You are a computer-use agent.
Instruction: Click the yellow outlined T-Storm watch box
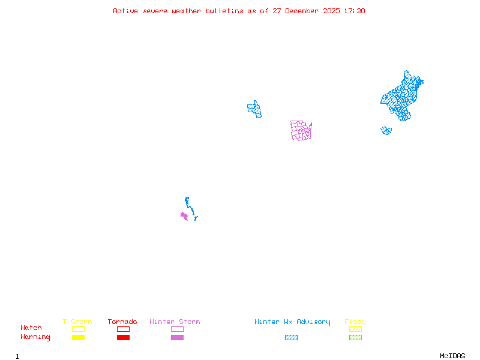click(x=78, y=329)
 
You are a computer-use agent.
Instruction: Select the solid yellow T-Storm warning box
click(x=78, y=337)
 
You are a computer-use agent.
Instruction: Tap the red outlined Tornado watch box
click(x=123, y=329)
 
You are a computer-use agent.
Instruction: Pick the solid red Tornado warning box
click(x=123, y=337)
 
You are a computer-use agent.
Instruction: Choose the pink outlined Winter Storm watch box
click(x=177, y=329)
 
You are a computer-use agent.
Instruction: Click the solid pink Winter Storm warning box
click(x=177, y=337)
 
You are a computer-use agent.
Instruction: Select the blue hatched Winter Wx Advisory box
click(x=291, y=337)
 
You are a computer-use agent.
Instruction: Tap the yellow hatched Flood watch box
click(x=355, y=329)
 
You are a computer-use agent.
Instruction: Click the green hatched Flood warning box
click(x=355, y=337)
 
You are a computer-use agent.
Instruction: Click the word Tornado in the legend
click(x=122, y=322)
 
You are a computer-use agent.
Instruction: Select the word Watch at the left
click(x=31, y=328)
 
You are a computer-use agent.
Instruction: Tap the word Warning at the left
click(x=35, y=337)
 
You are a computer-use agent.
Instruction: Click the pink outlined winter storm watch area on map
click(x=301, y=130)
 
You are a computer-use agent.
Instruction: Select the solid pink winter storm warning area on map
click(x=184, y=215)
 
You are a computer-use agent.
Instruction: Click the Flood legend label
click(x=355, y=322)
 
